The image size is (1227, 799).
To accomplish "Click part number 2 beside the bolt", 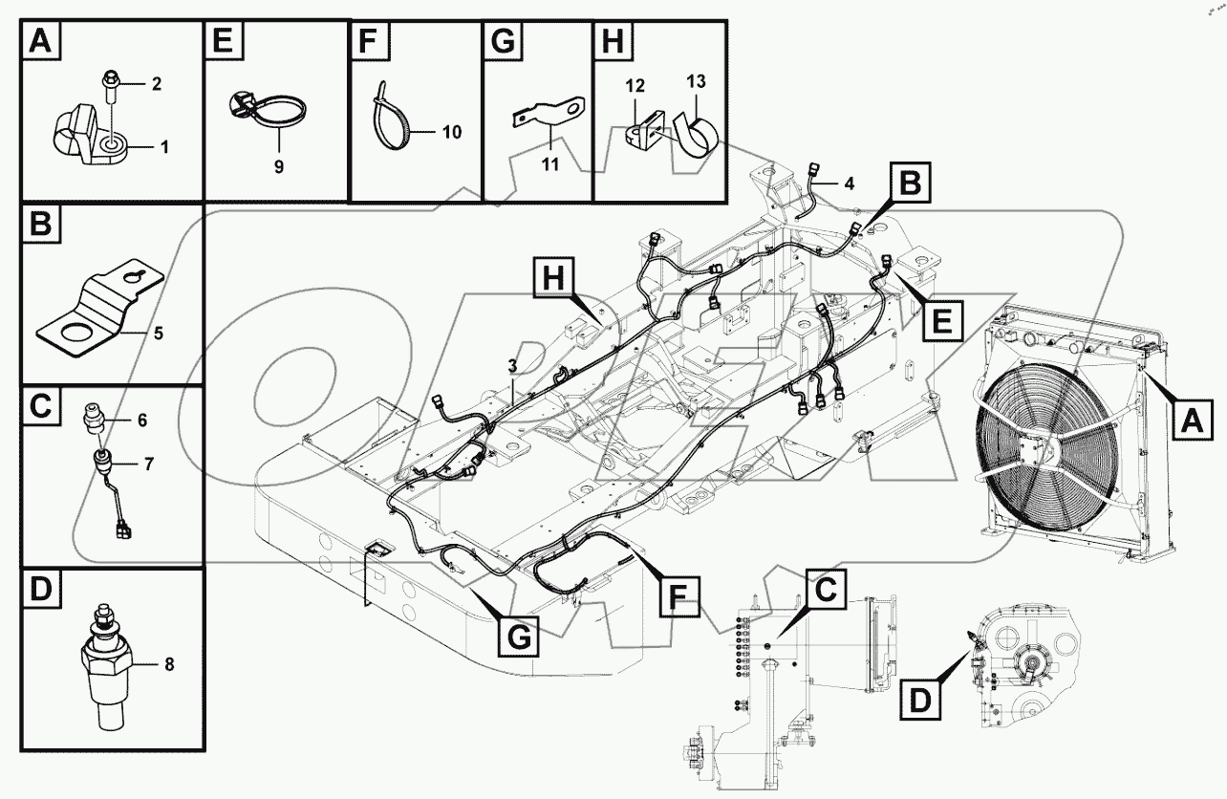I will (x=156, y=84).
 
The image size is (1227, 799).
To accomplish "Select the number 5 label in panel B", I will (x=158, y=334).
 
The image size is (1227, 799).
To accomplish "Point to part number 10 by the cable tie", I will (x=452, y=132).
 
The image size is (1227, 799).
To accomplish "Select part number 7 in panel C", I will (x=148, y=464).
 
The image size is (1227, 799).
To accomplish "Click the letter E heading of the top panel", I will (x=223, y=42).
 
